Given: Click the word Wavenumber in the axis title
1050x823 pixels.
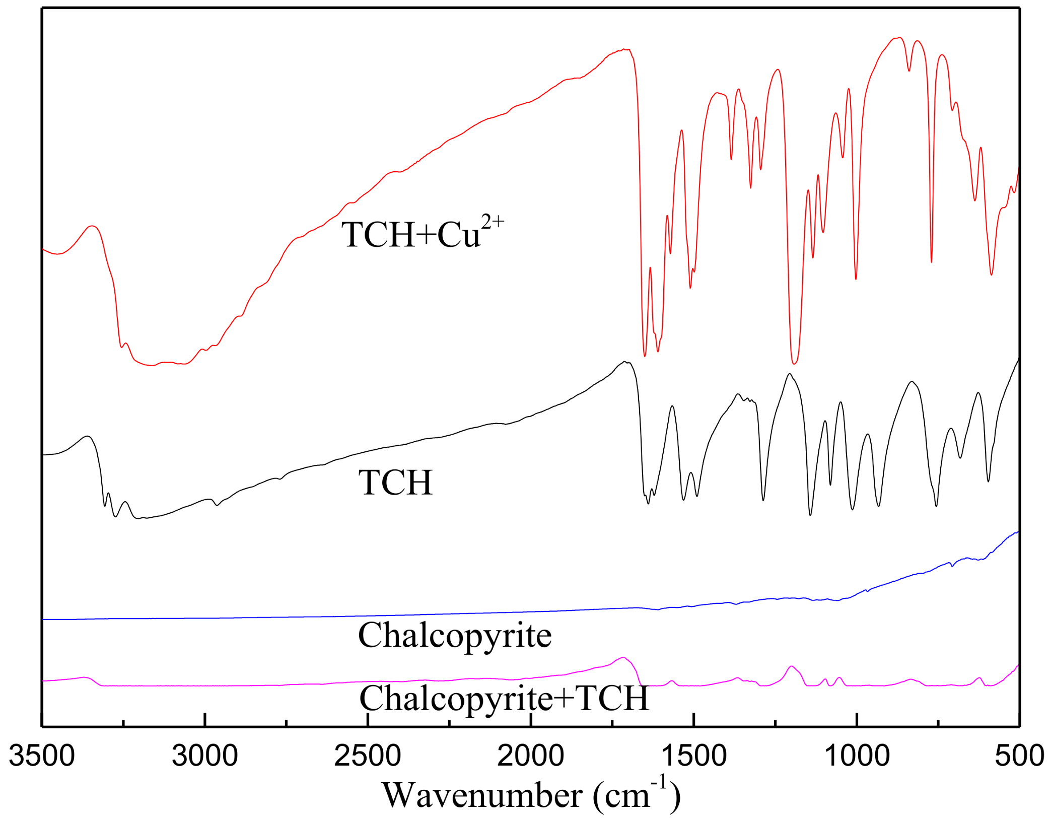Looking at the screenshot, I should (482, 796).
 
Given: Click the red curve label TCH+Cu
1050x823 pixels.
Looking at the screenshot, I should (410, 235).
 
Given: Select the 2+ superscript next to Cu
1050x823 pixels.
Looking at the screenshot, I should (492, 222).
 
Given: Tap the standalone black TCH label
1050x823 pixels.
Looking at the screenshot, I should (395, 483).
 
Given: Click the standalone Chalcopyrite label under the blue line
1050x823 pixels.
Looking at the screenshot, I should (454, 635).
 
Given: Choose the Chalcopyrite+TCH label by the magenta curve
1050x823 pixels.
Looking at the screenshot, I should (504, 698).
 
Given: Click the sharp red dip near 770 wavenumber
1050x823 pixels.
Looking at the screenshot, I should (931, 261).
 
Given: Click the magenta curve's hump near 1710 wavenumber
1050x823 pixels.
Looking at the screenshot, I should (623, 657).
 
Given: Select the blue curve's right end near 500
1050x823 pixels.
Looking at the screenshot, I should (1017, 532).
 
